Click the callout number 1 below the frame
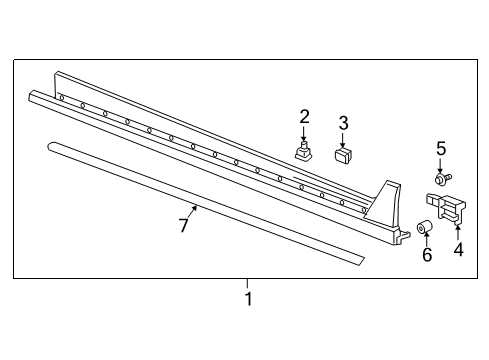248,299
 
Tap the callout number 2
304,117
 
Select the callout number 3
343,123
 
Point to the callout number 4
459,249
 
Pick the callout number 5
441,149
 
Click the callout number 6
427,255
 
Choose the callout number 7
184,225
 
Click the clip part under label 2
303,151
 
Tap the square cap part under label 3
343,155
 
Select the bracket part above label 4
446,207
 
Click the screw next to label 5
442,179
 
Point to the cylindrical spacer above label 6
425,227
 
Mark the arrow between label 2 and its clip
303,134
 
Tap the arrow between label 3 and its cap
343,140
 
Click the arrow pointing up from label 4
457,232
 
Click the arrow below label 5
440,166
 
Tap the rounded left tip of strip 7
50,146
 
